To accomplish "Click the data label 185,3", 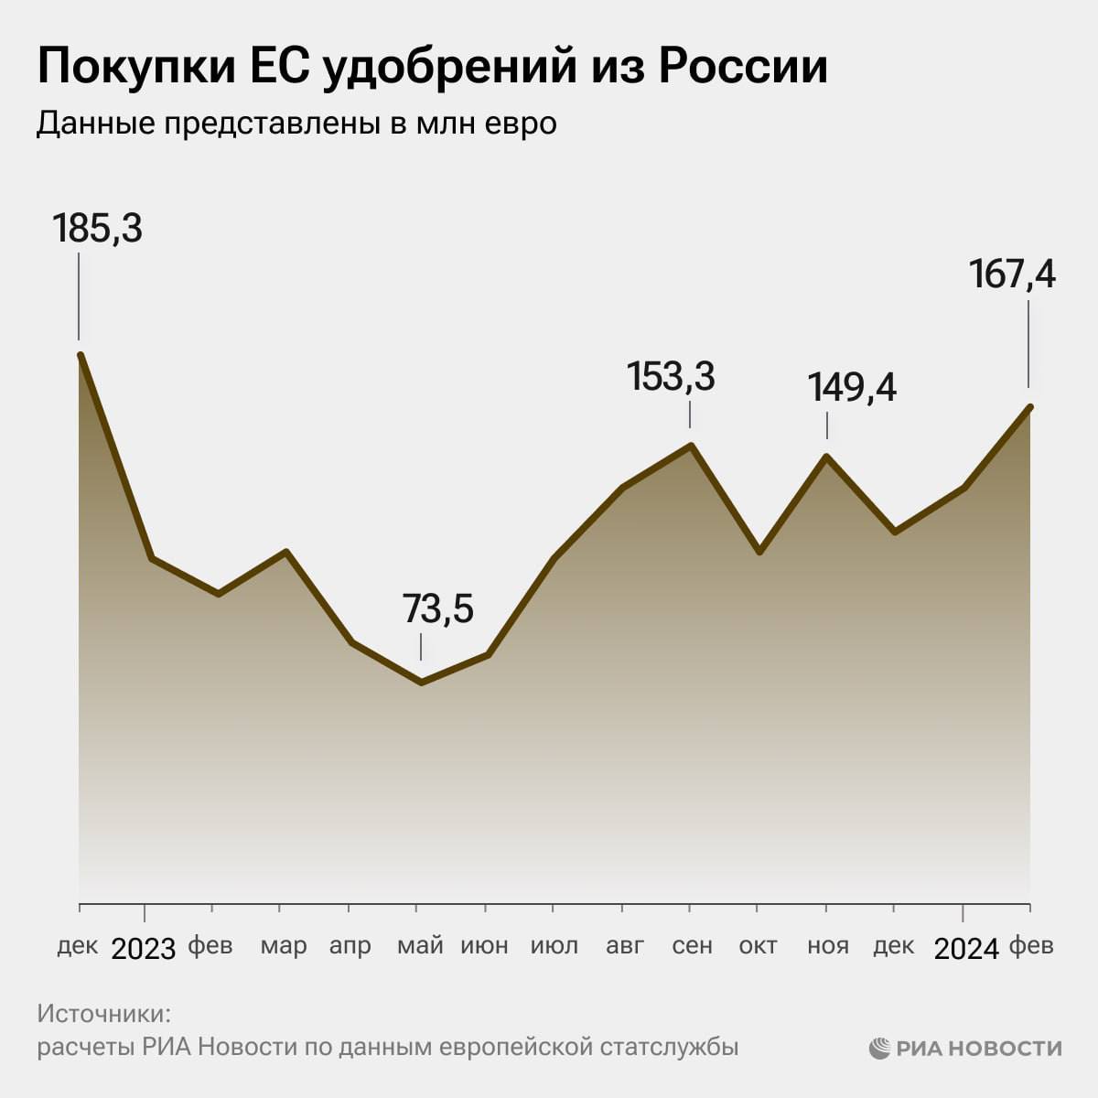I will pyautogui.click(x=97, y=228).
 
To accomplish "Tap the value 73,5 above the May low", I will pyautogui.click(x=438, y=609).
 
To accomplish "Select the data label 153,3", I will pyautogui.click(x=671, y=377).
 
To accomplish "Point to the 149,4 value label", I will pyautogui.click(x=852, y=388).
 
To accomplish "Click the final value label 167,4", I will pyautogui.click(x=1012, y=274).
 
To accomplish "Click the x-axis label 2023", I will pyautogui.click(x=144, y=949).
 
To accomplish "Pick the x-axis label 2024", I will pyautogui.click(x=966, y=949).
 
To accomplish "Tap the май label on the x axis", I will pyautogui.click(x=420, y=945).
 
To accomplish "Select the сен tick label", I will pyautogui.click(x=692, y=945).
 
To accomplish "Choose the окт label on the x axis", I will pyautogui.click(x=758, y=945).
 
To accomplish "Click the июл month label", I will pyautogui.click(x=554, y=945).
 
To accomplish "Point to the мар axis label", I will pyautogui.click(x=284, y=945).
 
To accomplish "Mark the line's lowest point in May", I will pyautogui.click(x=421, y=682).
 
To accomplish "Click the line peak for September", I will pyautogui.click(x=691, y=446).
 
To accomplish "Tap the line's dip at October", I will pyautogui.click(x=759, y=552).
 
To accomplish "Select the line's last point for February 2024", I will pyautogui.click(x=1030, y=407).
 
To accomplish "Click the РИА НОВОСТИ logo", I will pyautogui.click(x=965, y=1048).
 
